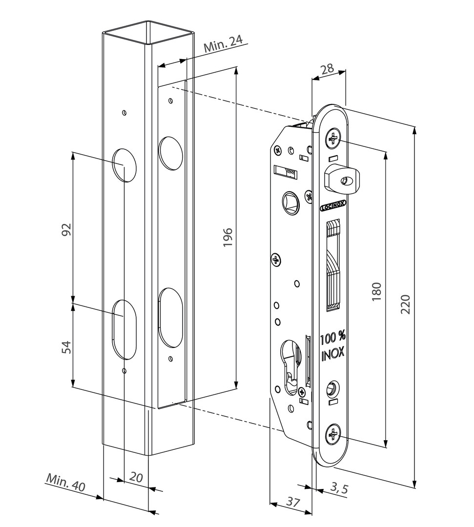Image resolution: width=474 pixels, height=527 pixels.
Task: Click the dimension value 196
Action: coord(227,237)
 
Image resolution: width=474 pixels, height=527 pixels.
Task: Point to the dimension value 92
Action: coord(66,229)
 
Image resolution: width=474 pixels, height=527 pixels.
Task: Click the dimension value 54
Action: coord(66,347)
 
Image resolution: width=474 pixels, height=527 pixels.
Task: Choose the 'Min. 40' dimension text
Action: coord(66,482)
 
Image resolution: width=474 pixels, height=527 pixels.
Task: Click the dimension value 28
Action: coord(327,69)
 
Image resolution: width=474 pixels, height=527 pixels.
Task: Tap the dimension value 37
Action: coord(293,502)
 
